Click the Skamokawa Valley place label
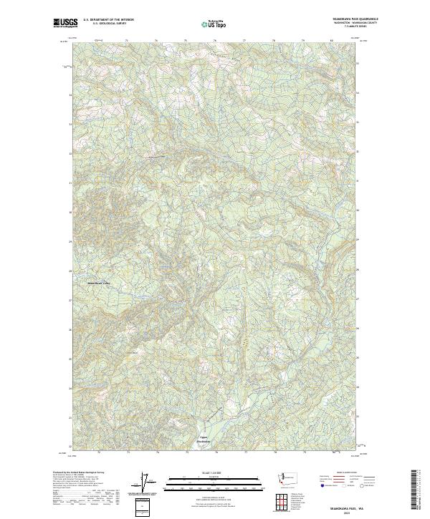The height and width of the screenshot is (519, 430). (x=99, y=282)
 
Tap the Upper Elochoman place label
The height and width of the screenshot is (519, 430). (x=204, y=440)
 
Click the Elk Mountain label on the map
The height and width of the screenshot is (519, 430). (x=131, y=352)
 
